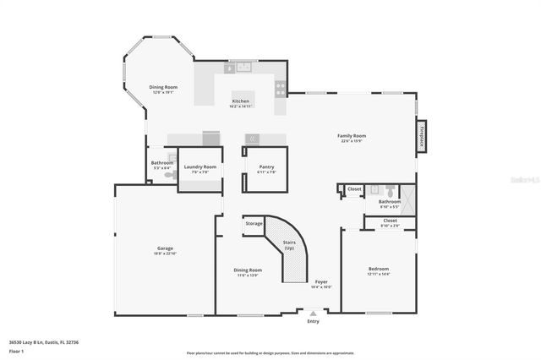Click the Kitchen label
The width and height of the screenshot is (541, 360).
[242, 101]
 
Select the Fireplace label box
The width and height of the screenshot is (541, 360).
[420, 137]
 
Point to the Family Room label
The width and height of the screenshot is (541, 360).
[352, 135]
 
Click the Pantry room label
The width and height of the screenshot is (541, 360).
[266, 166]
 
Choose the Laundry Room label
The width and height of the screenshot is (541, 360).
[200, 166]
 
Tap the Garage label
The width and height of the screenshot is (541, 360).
[164, 248]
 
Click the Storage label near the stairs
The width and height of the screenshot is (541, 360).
[254, 223]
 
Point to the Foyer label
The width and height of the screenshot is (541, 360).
[321, 281]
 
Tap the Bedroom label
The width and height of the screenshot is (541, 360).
[378, 269]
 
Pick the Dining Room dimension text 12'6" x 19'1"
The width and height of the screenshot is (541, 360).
[163, 93]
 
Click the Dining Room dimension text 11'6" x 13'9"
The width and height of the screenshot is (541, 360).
[247, 275]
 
